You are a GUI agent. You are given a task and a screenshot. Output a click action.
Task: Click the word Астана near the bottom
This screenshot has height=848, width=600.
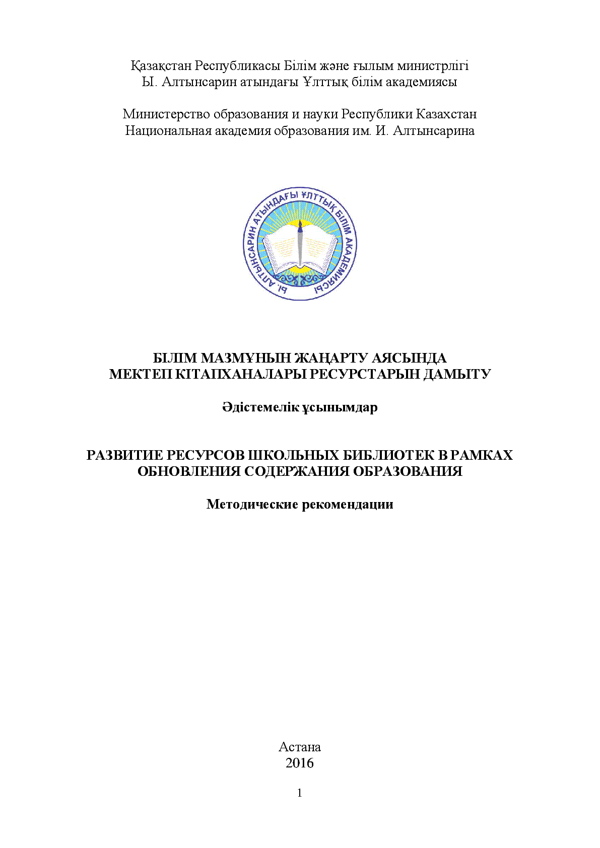[x=299, y=746]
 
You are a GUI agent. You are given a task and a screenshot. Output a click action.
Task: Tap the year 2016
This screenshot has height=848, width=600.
[x=299, y=763]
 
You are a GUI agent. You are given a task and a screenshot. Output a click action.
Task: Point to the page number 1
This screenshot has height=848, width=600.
[x=300, y=793]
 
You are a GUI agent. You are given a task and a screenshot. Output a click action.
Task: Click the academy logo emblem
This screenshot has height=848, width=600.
[x=300, y=244]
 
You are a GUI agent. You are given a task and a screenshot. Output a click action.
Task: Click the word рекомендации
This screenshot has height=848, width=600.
[x=347, y=504]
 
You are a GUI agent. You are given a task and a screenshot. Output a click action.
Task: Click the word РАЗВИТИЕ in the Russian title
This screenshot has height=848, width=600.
[x=123, y=455]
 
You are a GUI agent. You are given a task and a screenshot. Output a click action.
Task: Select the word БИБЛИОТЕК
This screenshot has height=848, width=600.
[x=387, y=455]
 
